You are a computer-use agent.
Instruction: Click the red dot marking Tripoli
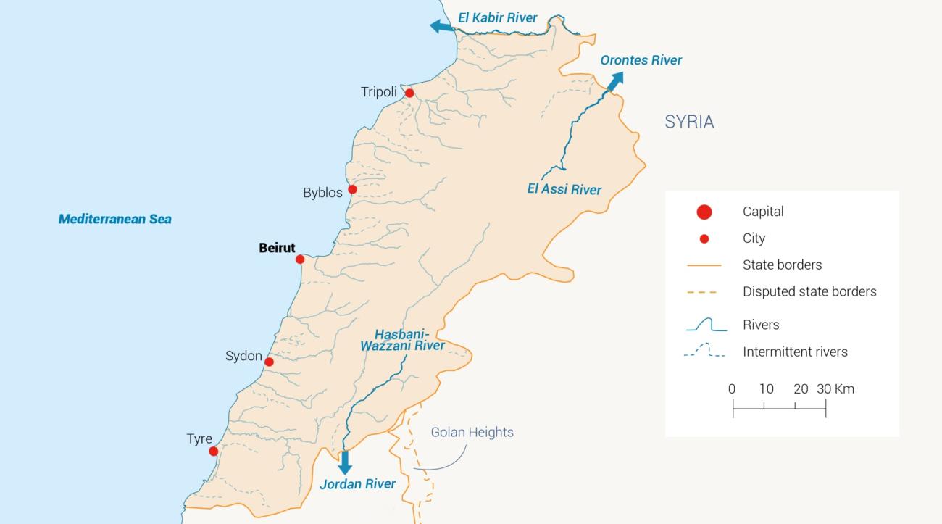[x=409, y=93]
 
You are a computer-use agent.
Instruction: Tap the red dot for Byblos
[x=352, y=190]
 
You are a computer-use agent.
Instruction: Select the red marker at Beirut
[x=300, y=259]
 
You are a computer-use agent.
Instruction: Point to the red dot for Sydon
[x=269, y=362]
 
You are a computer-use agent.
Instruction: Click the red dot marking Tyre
[x=213, y=452]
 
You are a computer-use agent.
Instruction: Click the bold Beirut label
[x=277, y=248]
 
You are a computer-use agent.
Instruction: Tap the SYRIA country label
[x=689, y=122]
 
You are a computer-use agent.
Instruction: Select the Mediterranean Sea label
[x=115, y=219]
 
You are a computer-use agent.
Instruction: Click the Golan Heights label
[x=472, y=432]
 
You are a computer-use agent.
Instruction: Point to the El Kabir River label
[x=498, y=17]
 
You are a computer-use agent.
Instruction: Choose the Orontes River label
[x=641, y=60]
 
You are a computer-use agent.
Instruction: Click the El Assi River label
[x=564, y=190]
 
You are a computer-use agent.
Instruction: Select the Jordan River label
[x=357, y=484]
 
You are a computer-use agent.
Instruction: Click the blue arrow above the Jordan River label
[x=345, y=462]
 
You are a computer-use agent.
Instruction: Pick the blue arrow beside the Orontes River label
[x=613, y=82]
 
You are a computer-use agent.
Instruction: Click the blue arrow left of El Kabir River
[x=440, y=27]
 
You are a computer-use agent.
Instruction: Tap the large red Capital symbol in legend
[x=704, y=212]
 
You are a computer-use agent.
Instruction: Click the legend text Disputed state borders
[x=809, y=291]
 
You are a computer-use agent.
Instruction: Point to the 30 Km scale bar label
[x=835, y=388]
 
